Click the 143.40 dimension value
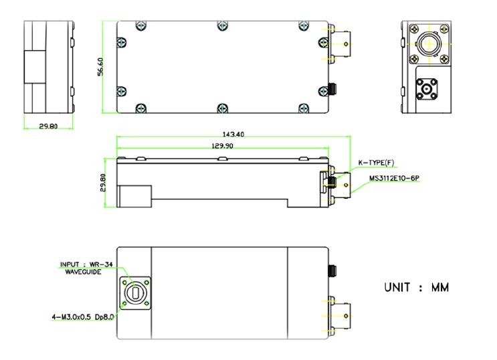[233, 134]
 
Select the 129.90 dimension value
[222, 146]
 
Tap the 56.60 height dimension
[100, 67]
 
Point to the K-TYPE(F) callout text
[376, 163]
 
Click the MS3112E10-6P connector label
[394, 178]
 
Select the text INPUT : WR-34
[86, 264]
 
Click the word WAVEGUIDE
[83, 272]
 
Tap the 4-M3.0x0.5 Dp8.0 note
[83, 317]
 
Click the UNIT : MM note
[417, 287]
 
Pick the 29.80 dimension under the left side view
[48, 126]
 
